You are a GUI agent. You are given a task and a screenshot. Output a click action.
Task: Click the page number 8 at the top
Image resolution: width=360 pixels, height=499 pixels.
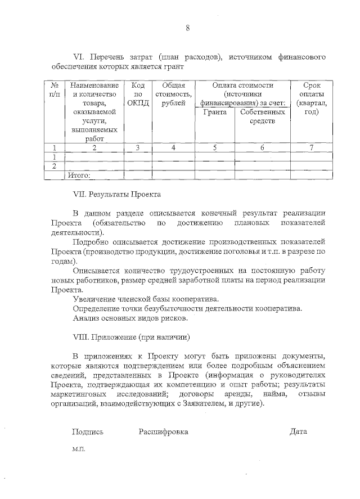[188, 28]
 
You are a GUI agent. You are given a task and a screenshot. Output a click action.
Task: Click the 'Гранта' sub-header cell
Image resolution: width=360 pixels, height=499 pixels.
[214, 113]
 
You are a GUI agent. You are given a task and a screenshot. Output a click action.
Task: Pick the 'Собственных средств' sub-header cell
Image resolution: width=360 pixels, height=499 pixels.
[262, 116]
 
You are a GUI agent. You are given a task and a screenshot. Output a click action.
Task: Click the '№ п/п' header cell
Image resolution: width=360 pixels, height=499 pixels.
[55, 89]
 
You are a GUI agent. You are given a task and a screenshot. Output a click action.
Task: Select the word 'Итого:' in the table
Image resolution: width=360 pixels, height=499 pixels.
[79, 176]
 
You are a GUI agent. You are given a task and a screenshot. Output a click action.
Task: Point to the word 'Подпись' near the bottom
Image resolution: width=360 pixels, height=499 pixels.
[88, 431]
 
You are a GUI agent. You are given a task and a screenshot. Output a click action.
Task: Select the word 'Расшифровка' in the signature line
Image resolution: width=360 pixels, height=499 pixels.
[163, 431]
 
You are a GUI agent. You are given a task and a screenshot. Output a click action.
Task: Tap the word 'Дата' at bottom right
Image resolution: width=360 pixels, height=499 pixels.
[298, 431]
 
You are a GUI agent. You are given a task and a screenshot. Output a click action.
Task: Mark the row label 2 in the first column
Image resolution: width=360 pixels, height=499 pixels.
[55, 166]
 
